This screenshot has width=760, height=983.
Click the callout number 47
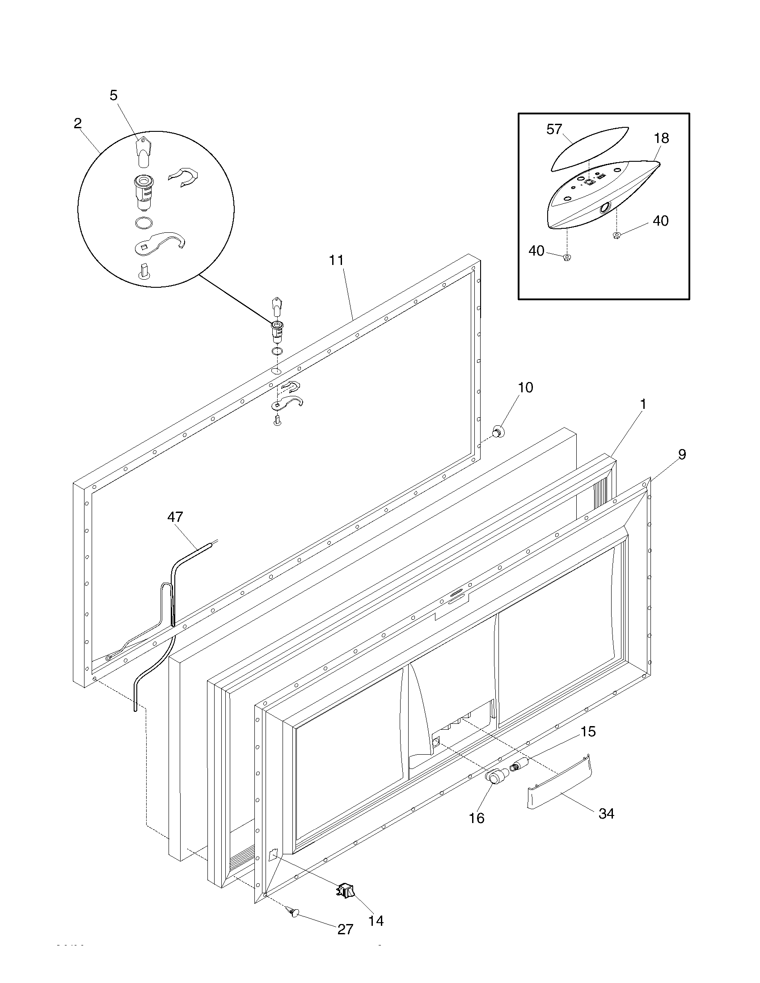pyautogui.click(x=175, y=517)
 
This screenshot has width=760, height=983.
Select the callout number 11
pyautogui.click(x=336, y=260)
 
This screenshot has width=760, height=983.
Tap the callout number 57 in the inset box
pyautogui.click(x=554, y=129)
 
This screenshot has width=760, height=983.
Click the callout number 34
pyautogui.click(x=606, y=813)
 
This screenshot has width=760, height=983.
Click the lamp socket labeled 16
pyautogui.click(x=494, y=777)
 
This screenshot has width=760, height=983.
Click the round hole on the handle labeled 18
pyautogui.click(x=606, y=207)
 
